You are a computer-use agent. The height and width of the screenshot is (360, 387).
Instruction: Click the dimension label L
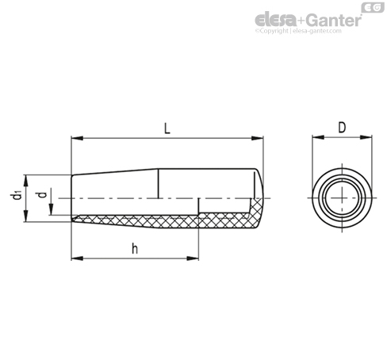point(167,128)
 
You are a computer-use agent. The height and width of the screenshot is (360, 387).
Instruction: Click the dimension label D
point(342,128)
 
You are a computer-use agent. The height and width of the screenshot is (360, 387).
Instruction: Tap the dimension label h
point(135,248)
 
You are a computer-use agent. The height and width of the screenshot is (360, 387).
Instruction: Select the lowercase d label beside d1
point(42,195)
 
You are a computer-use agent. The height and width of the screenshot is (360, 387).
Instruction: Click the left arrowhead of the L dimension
point(77,138)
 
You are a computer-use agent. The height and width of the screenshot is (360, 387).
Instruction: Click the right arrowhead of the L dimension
point(257,138)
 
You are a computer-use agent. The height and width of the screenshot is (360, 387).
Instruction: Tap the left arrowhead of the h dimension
point(77,259)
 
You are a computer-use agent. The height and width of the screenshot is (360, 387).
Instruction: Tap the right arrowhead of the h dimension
point(193,259)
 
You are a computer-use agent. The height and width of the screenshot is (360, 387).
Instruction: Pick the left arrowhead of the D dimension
point(318,137)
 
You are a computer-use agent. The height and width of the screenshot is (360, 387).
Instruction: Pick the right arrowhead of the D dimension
point(366,137)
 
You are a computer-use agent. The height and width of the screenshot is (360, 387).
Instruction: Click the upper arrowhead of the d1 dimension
point(25,181)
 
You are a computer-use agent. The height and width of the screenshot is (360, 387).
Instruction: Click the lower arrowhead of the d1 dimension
point(25,216)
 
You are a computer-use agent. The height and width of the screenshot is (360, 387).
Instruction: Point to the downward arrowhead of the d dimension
point(52,209)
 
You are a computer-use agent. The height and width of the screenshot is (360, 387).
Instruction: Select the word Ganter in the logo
point(334,20)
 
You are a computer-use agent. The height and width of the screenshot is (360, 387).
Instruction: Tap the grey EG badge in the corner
point(373,7)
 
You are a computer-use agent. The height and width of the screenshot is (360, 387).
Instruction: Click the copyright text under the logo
point(298,31)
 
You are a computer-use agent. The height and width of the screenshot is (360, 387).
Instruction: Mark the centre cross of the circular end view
point(342,197)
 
